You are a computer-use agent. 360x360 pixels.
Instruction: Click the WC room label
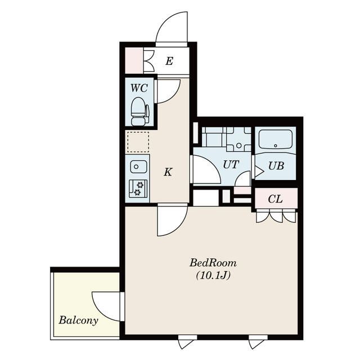139,88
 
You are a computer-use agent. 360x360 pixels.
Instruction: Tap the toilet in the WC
139,111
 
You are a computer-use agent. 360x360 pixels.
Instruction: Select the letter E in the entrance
169,61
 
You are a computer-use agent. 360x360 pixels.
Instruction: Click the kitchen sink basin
138,166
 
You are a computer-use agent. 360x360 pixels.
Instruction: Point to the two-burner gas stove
138,189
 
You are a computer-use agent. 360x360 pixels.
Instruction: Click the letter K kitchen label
168,172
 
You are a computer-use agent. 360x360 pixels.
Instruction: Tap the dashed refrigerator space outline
138,142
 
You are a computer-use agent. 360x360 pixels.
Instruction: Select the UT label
231,164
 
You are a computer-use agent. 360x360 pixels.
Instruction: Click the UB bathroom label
276,165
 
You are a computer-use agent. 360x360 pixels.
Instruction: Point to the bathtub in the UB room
276,139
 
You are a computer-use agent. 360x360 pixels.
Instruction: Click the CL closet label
275,199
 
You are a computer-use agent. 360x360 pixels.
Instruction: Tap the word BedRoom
213,263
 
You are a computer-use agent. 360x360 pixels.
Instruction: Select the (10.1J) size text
213,275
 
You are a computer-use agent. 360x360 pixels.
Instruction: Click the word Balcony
78,320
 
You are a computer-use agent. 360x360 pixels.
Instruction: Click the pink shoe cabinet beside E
134,61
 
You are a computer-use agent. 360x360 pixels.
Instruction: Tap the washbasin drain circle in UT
238,145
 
